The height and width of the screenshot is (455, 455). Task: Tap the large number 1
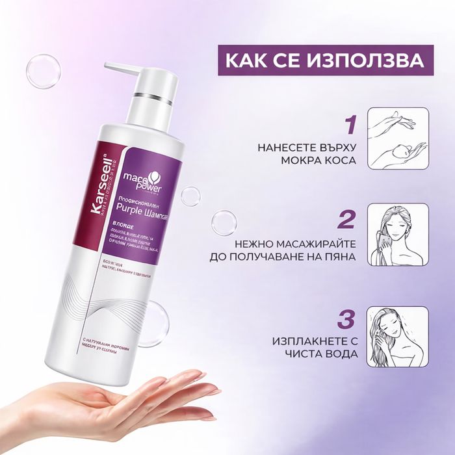tap(351, 124)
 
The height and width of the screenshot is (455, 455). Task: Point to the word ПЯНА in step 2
tap(339, 256)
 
